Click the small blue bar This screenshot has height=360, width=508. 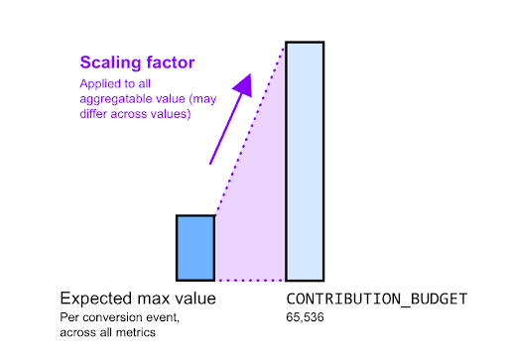(x=195, y=248)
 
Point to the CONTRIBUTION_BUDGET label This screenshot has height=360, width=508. (x=376, y=299)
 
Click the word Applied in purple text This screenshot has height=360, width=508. (x=95, y=83)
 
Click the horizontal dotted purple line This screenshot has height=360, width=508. (x=250, y=281)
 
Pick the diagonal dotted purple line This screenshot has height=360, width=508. (x=250, y=130)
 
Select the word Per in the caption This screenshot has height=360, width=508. (x=67, y=317)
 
